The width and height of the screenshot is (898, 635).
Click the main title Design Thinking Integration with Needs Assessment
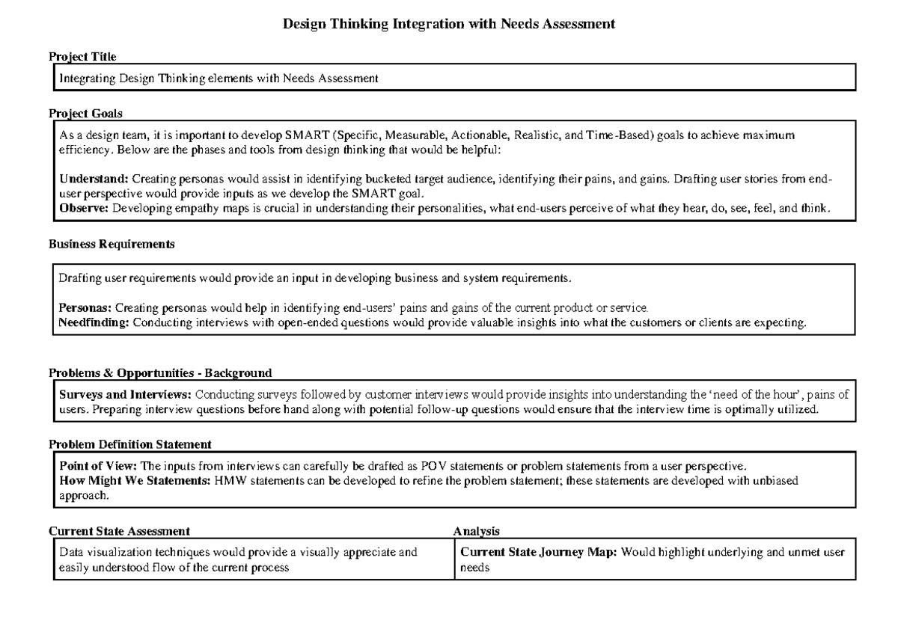click(448, 25)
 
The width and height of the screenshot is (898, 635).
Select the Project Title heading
click(82, 56)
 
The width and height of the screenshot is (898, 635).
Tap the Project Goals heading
click(85, 114)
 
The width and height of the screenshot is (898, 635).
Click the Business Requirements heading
click(112, 244)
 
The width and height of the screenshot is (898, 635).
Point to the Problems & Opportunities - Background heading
click(160, 372)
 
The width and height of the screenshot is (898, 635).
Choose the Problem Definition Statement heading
click(129, 444)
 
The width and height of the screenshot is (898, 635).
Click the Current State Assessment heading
click(119, 531)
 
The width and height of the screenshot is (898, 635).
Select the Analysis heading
click(477, 531)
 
